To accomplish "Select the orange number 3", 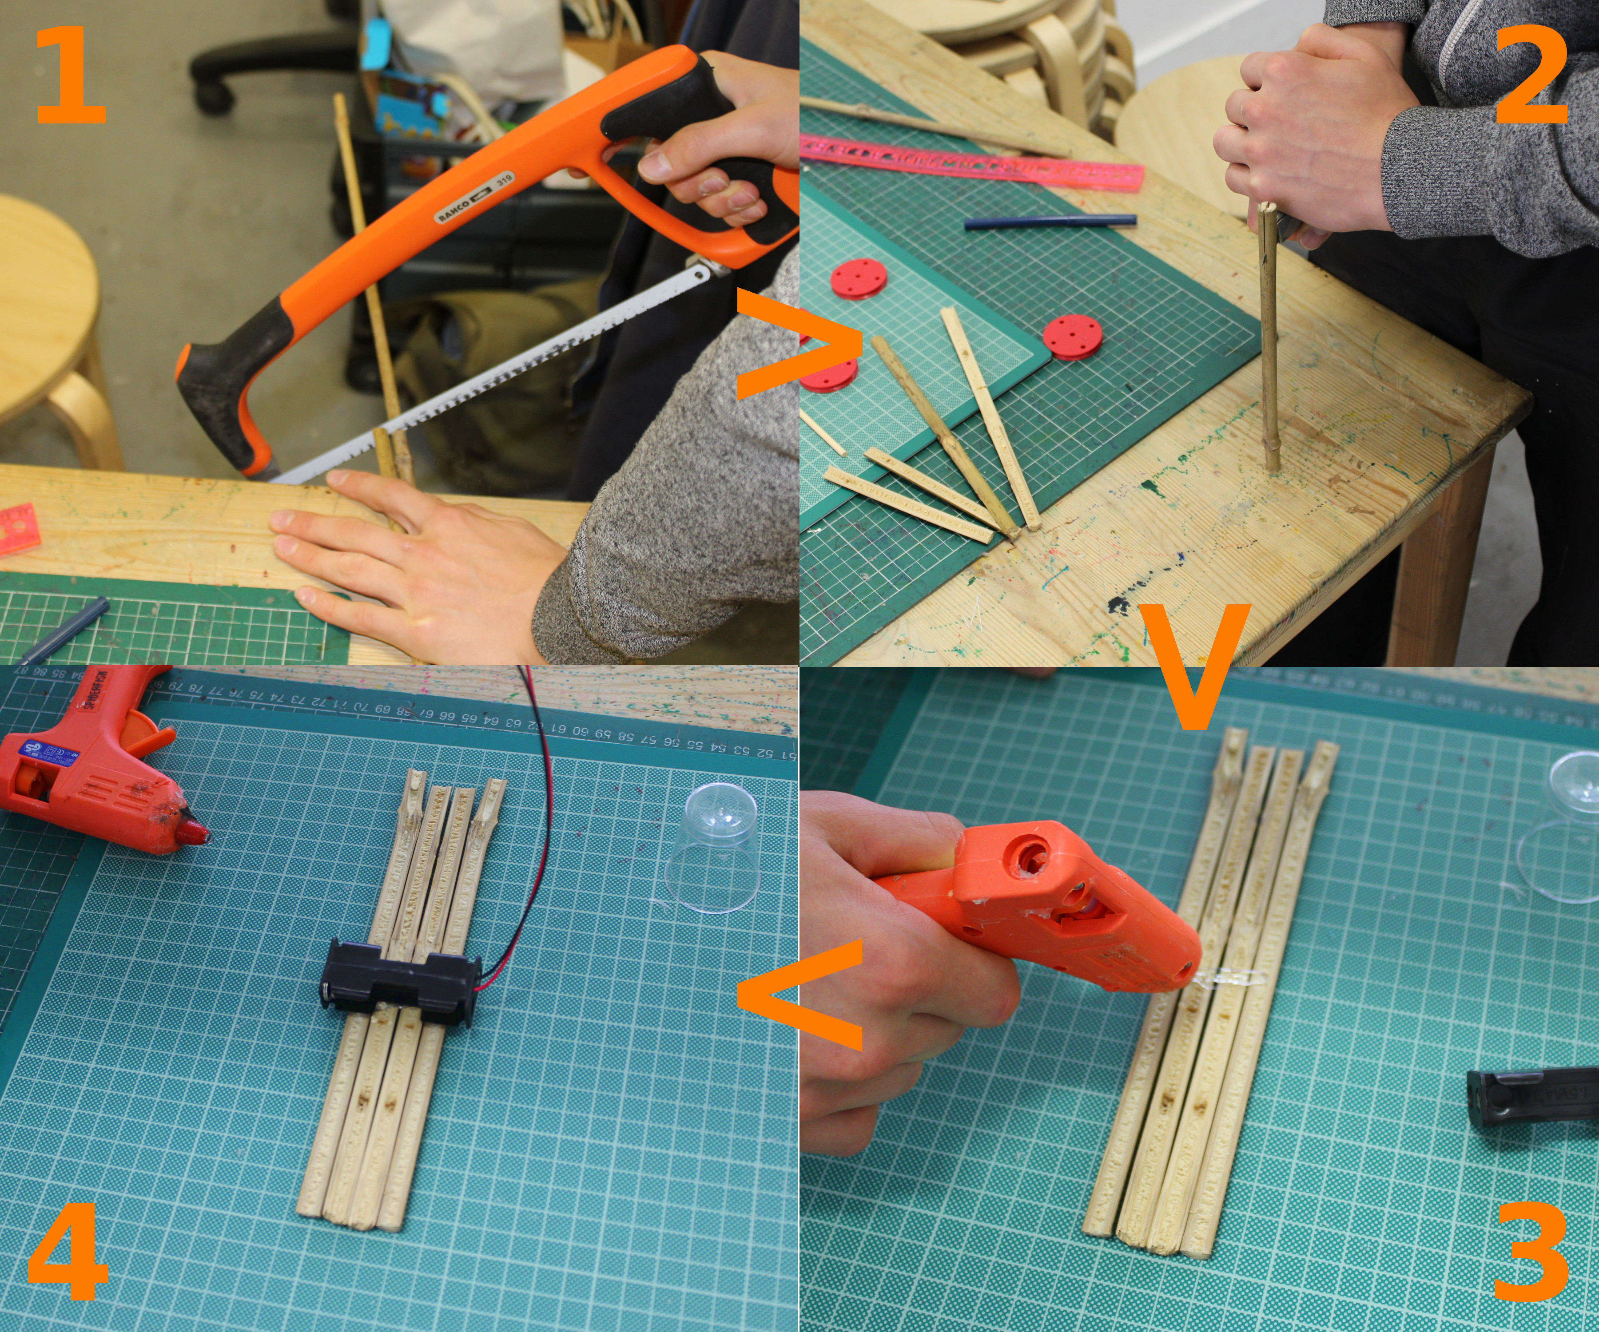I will (1531, 1252).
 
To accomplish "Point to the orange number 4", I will (68, 1252).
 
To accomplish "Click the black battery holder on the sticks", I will (400, 982).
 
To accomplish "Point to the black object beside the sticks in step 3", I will (1531, 1096).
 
